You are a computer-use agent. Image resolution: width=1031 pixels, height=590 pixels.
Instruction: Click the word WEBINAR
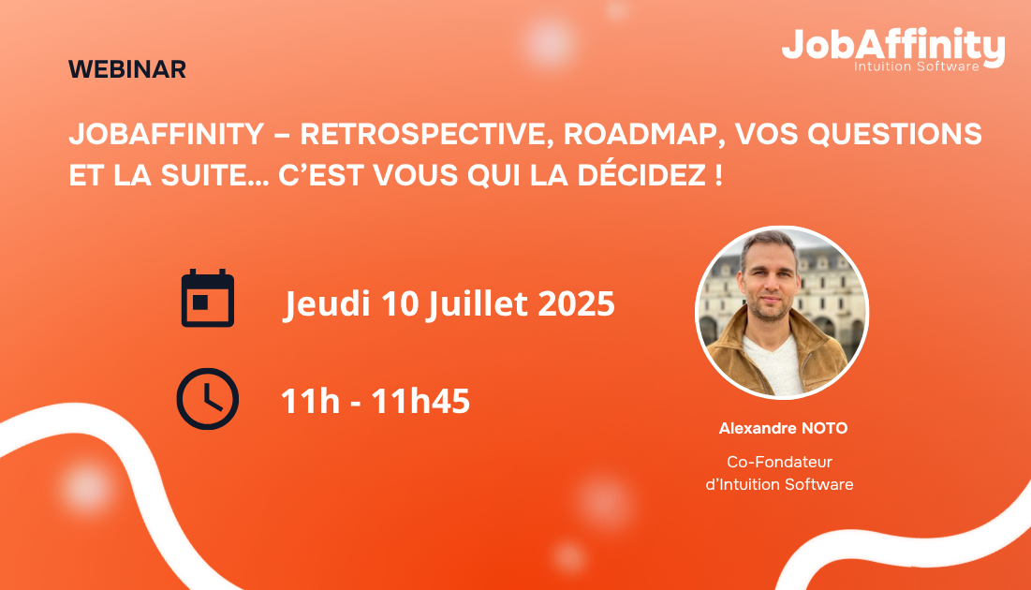[x=127, y=69]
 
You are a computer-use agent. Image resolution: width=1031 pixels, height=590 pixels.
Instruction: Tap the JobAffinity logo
[x=893, y=49]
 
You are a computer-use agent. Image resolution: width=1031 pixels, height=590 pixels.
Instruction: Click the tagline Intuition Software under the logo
[x=917, y=66]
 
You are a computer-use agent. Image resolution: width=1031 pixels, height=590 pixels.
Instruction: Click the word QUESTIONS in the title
[x=894, y=134]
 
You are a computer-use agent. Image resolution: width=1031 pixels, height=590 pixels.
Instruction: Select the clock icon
[x=208, y=399]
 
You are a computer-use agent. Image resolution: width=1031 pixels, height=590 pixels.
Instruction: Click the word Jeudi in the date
[x=327, y=303]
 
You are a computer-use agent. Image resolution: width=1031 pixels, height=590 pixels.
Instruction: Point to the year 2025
[x=576, y=303]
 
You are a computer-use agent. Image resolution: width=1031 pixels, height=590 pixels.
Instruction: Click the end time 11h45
[x=420, y=401]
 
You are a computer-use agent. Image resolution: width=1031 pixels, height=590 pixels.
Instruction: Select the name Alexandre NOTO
[x=783, y=428]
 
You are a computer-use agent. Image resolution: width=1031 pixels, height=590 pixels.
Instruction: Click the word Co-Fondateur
[x=779, y=462]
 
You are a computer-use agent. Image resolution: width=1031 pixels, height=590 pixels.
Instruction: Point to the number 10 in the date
[x=399, y=303]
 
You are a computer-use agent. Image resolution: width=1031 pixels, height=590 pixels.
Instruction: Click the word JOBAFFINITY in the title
[x=167, y=134]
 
